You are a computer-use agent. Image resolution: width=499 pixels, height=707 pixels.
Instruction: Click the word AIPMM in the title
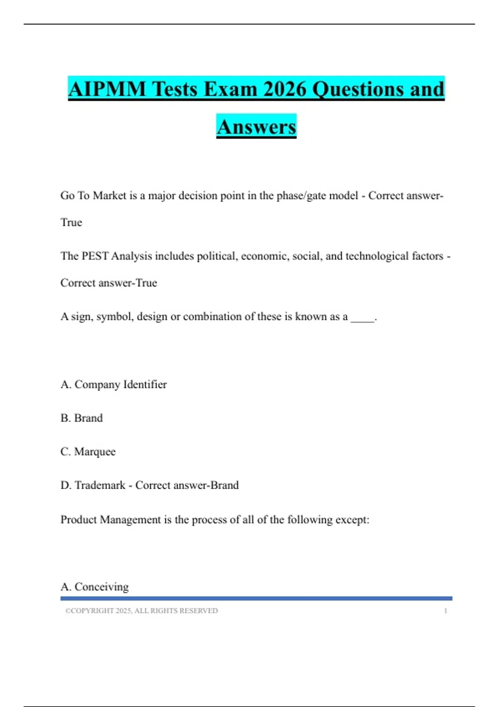[107, 89]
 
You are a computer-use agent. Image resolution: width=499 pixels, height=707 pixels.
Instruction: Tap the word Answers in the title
[256, 127]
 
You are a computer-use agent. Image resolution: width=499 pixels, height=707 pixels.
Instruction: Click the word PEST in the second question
[95, 256]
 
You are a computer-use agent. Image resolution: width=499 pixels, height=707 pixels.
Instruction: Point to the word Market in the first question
[109, 195]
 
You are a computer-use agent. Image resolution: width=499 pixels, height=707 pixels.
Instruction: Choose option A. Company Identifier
[114, 384]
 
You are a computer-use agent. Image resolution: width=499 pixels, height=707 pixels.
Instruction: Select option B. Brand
[82, 418]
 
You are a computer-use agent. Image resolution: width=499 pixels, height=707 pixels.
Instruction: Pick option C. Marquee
[88, 452]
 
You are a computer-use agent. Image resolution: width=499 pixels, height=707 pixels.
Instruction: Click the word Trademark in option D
[100, 485]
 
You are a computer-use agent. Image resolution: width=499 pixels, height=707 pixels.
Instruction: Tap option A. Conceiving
[95, 587]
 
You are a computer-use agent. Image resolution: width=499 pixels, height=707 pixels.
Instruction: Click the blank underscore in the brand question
[363, 318]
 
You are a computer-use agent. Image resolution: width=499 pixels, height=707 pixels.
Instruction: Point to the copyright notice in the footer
[141, 611]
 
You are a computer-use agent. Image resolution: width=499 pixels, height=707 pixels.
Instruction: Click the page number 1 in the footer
[445, 611]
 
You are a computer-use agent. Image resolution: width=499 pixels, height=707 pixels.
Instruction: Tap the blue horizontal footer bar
[256, 598]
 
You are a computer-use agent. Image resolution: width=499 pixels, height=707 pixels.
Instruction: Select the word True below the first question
[72, 222]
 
